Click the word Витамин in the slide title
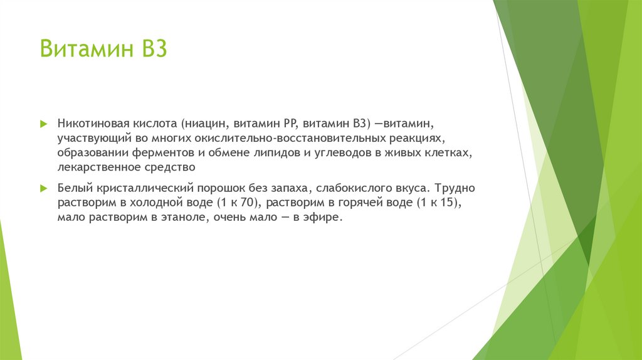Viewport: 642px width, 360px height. (x=82, y=48)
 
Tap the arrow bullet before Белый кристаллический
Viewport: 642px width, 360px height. (x=43, y=188)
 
